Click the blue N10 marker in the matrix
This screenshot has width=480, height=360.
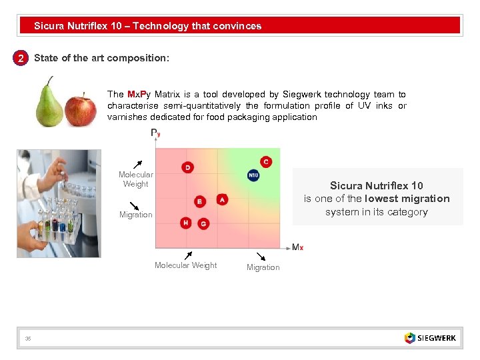tap(253, 175)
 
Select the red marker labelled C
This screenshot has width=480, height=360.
tap(266, 162)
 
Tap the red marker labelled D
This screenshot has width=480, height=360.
tap(188, 167)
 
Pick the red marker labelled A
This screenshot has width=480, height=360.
tap(222, 199)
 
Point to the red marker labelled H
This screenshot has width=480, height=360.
tap(186, 223)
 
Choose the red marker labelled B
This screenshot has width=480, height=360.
tap(199, 201)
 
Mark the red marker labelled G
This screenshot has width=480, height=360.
tap(203, 224)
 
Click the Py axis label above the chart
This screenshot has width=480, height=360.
tap(155, 133)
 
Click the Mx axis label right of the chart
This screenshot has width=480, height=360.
tap(297, 247)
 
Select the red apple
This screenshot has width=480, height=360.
tap(80, 110)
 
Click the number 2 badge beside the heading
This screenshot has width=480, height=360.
tap(21, 59)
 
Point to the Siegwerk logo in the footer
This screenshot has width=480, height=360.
tap(430, 338)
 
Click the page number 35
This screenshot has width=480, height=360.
tap(28, 339)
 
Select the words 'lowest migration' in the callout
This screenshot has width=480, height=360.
tap(407, 199)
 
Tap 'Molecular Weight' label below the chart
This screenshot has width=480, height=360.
tap(185, 265)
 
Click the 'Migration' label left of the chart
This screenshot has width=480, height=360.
tap(136, 215)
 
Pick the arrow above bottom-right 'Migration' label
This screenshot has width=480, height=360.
tap(261, 256)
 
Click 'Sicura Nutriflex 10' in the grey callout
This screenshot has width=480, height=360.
tap(376, 186)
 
